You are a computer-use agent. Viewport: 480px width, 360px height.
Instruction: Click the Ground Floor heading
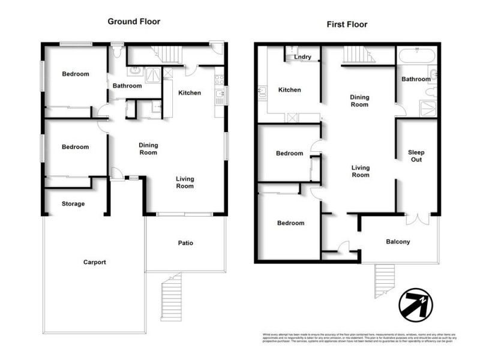(134, 22)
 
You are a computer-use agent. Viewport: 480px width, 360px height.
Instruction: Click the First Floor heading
(347, 25)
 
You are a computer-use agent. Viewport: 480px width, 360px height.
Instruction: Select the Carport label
(94, 262)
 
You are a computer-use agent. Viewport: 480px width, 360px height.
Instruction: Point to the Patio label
(185, 243)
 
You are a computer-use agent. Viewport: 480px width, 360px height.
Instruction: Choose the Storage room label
(73, 204)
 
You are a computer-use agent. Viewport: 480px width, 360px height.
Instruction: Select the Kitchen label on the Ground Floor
(190, 93)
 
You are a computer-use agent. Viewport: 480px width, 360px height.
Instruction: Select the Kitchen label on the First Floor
(289, 90)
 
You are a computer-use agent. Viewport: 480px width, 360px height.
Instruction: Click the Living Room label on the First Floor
(360, 171)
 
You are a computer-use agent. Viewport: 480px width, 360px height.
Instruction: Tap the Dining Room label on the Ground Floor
(148, 148)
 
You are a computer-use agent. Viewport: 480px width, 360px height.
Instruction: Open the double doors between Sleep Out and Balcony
(416, 218)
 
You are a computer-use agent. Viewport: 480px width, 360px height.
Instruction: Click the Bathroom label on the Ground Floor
(127, 86)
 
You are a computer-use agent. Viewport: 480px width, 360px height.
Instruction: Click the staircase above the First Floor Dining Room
(359, 56)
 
